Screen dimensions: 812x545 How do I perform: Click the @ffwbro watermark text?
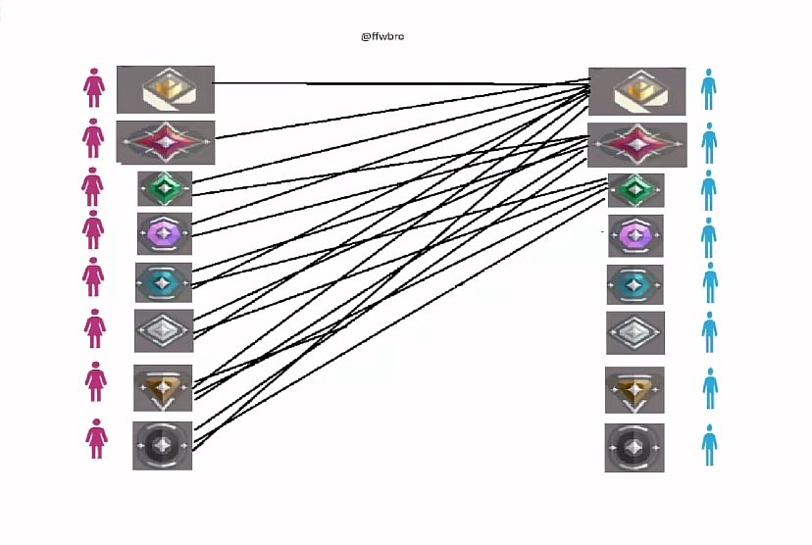coord(382,36)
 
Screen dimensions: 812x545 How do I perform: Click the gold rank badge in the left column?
coord(166,89)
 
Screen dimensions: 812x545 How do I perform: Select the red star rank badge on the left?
coord(165,142)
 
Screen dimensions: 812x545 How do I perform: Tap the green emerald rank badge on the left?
coord(165,189)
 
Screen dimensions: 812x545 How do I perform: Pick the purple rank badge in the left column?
coord(165,233)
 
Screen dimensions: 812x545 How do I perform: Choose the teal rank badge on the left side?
coord(164,282)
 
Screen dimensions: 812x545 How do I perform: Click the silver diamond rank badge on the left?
coord(164,330)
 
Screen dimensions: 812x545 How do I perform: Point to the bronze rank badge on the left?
coord(163,388)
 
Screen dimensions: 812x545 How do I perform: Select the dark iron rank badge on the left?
coord(162,446)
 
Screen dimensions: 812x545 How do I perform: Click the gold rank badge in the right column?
coord(637,91)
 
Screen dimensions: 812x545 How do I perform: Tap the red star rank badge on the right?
coord(637,145)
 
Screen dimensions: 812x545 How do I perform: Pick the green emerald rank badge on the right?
coord(635,190)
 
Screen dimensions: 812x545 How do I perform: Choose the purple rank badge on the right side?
coord(635,236)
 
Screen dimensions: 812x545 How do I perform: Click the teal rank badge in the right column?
coord(634,284)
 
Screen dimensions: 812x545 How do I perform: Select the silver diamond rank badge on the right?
coord(635,333)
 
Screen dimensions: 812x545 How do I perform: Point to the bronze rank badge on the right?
coord(634,390)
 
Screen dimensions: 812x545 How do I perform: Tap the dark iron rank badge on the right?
coord(634,448)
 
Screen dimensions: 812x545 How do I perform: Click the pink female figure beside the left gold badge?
coord(94,88)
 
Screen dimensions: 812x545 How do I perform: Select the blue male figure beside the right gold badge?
coord(708,89)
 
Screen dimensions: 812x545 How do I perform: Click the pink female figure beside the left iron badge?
coord(96,439)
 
